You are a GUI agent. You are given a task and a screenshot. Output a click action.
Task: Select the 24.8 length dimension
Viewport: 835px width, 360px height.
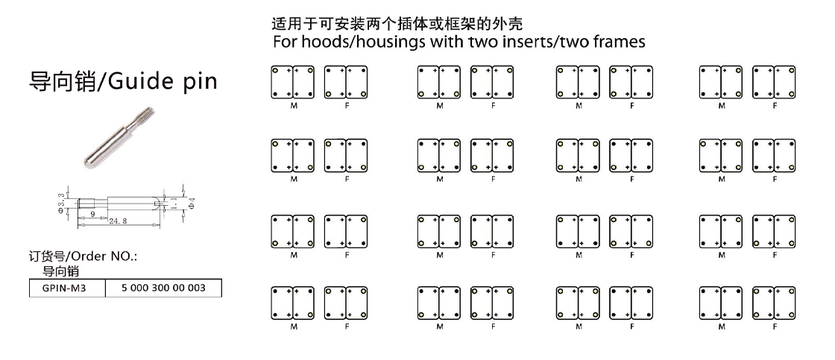118,221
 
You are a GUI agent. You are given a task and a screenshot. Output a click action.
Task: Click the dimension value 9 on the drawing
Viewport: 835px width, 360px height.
91,213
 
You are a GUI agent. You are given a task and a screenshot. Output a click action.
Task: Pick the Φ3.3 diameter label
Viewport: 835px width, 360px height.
62,201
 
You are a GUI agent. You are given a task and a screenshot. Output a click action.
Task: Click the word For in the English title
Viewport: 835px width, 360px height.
286,42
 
